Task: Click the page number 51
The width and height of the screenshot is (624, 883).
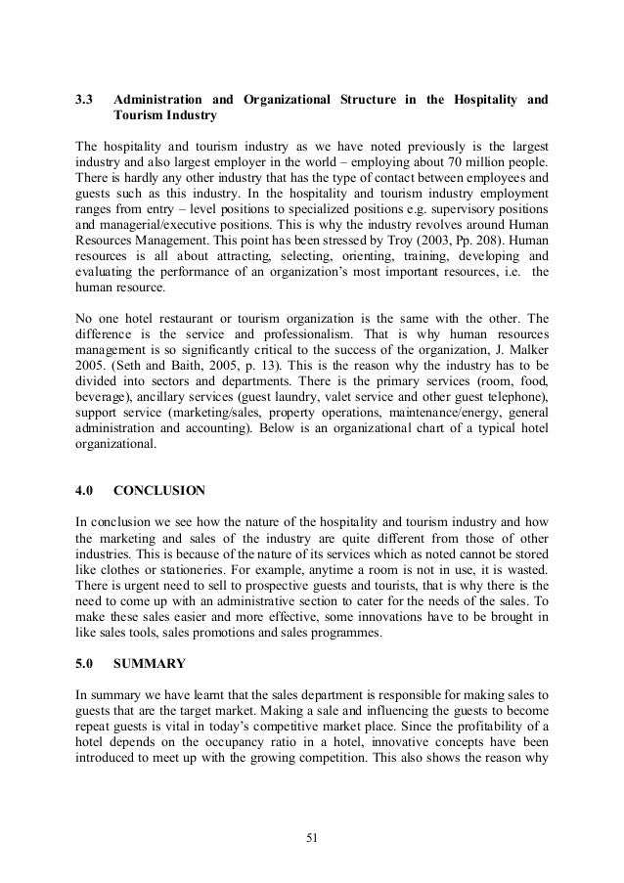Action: pyautogui.click(x=311, y=836)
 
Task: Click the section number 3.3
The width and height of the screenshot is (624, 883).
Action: pyautogui.click(x=86, y=100)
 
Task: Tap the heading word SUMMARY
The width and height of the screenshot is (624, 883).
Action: pyautogui.click(x=151, y=665)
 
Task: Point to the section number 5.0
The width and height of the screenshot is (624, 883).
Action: pyautogui.click(x=86, y=665)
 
